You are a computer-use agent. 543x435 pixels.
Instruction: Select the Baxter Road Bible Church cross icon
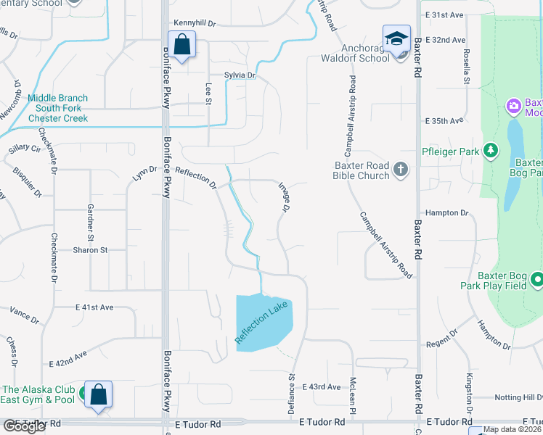pyautogui.click(x=400, y=170)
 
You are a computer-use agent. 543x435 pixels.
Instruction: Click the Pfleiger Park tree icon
pyautogui.click(x=491, y=151)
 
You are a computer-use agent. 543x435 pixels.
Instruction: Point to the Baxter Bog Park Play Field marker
pyautogui.click(x=537, y=279)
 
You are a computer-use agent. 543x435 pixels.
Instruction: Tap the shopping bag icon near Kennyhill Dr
pyautogui.click(x=182, y=44)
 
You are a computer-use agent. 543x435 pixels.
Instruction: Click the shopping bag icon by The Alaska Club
pyautogui.click(x=98, y=394)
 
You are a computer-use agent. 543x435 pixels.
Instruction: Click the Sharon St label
pyautogui.click(x=90, y=249)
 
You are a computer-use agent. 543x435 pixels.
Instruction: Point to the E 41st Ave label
pyautogui.click(x=95, y=307)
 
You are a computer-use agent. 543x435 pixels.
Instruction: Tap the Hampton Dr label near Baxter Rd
pyautogui.click(x=448, y=212)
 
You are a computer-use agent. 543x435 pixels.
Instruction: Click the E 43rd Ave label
pyautogui.click(x=322, y=387)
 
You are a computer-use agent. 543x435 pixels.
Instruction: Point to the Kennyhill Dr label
pyautogui.click(x=195, y=23)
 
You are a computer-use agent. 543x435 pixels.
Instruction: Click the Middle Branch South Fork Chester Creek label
pyautogui.click(x=58, y=108)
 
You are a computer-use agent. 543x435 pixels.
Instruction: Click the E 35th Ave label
pyautogui.click(x=444, y=121)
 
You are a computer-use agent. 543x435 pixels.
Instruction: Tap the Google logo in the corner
pyautogui.click(x=25, y=426)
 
